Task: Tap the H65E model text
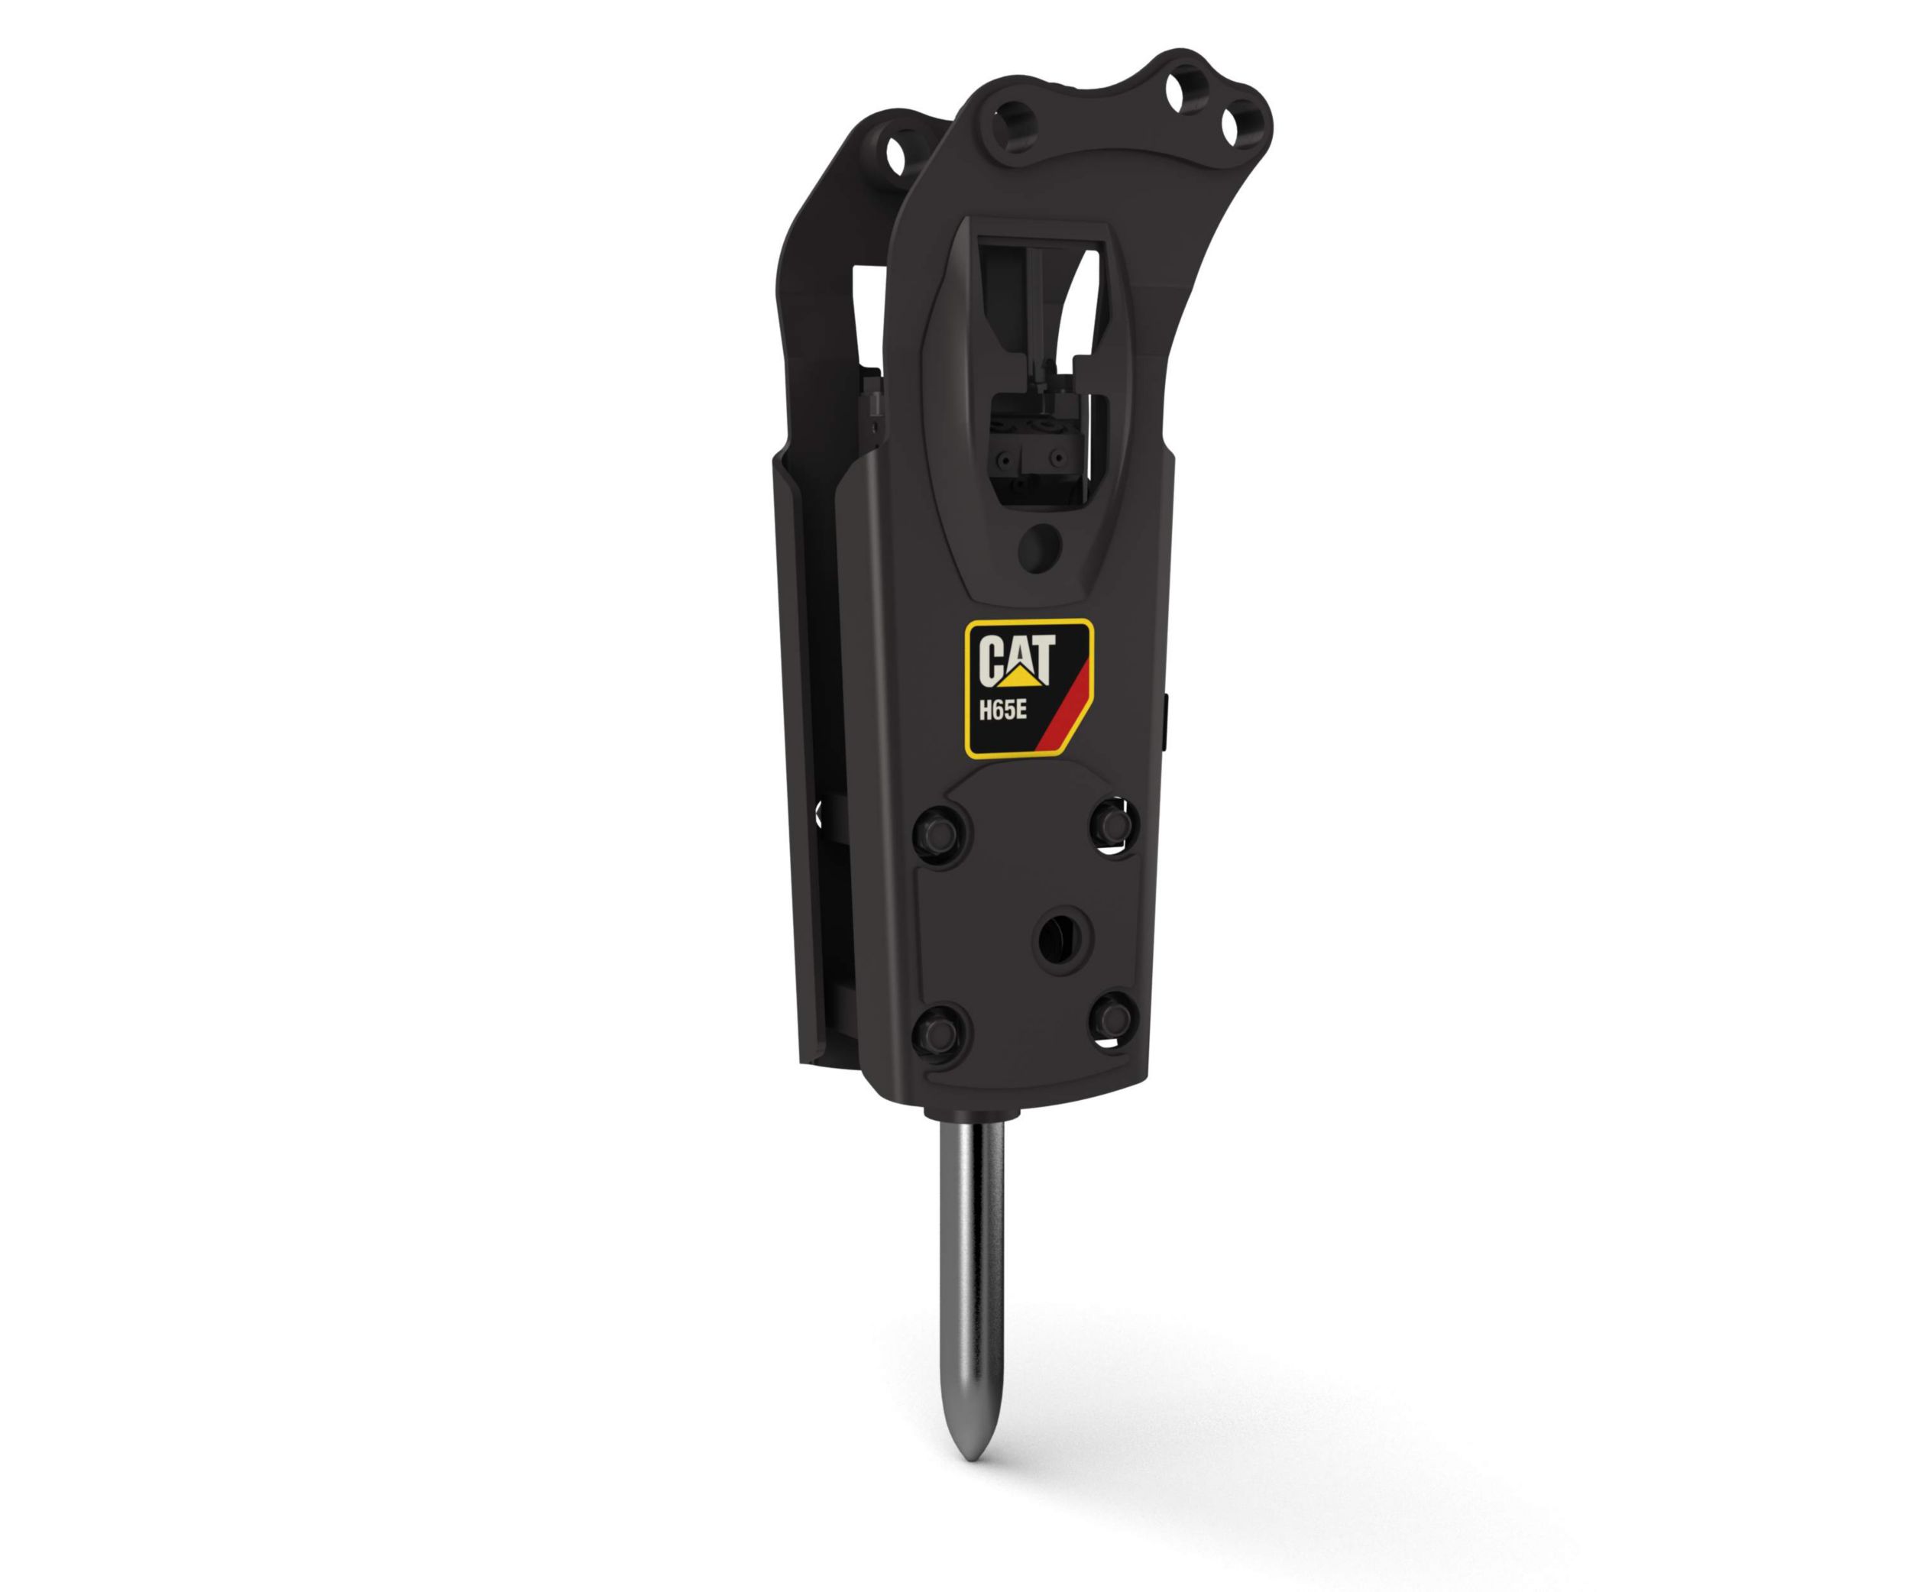(1004, 710)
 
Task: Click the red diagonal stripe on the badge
(1064, 700)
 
